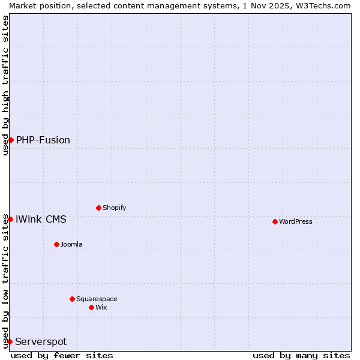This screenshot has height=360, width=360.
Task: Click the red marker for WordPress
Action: pyautogui.click(x=275, y=221)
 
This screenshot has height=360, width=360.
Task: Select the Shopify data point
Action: pyautogui.click(x=98, y=208)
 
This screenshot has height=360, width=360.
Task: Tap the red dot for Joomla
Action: pyautogui.click(x=56, y=244)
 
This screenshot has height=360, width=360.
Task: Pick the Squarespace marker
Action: pyautogui.click(x=72, y=299)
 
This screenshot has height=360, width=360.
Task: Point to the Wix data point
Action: pyautogui.click(x=91, y=307)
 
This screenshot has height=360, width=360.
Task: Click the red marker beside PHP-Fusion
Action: pyautogui.click(x=11, y=140)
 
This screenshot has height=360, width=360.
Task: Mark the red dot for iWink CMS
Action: pyautogui.click(x=10, y=219)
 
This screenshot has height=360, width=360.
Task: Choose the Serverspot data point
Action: pyautogui.click(x=10, y=341)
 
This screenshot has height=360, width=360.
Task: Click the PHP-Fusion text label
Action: pyautogui.click(x=43, y=140)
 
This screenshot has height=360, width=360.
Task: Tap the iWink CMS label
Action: pyautogui.click(x=41, y=219)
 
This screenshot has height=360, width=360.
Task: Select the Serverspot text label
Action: pyautogui.click(x=41, y=342)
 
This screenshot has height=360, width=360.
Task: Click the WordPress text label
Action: pyautogui.click(x=296, y=221)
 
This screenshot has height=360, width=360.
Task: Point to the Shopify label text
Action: pyautogui.click(x=114, y=208)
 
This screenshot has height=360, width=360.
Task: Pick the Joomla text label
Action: pyautogui.click(x=71, y=244)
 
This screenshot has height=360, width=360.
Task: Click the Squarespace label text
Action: pyautogui.click(x=97, y=299)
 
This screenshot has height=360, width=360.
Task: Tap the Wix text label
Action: pyautogui.click(x=101, y=307)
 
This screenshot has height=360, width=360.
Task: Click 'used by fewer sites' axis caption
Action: pyautogui.click(x=62, y=355)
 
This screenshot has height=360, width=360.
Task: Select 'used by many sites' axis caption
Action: pyautogui.click(x=301, y=355)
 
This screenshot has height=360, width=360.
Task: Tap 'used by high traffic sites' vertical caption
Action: pyautogui.click(x=5, y=85)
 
